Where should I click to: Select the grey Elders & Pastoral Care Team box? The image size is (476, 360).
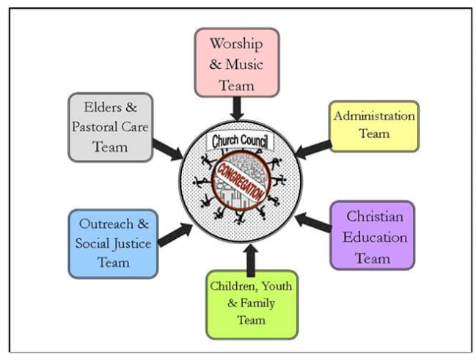pyautogui.click(x=110, y=127)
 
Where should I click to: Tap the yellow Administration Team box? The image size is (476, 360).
pyautogui.click(x=374, y=125)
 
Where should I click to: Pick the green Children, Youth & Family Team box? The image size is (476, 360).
pyautogui.click(x=252, y=300)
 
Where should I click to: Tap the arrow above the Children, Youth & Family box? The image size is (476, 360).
pyautogui.click(x=252, y=259)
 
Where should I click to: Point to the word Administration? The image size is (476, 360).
pyautogui.click(x=374, y=116)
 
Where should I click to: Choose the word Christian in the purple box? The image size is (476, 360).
pyautogui.click(x=374, y=217)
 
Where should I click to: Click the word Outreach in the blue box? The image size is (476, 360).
pyautogui.click(x=106, y=224)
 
